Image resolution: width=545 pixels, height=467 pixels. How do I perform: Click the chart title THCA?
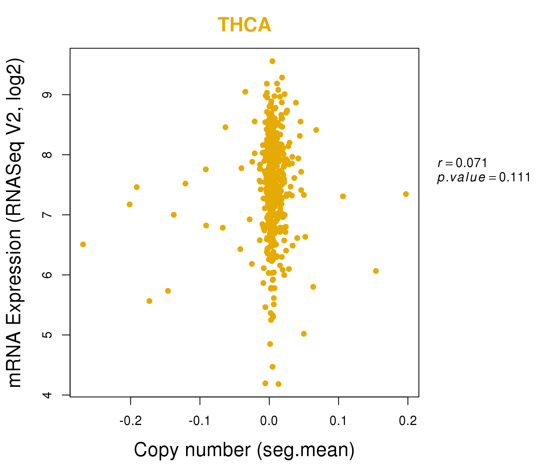coord(244,25)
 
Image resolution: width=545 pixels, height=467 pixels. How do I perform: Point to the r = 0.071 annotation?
coord(462,163)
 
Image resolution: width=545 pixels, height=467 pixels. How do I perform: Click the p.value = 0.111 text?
coord(483,177)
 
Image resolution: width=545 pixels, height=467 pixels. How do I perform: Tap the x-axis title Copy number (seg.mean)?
coord(244,450)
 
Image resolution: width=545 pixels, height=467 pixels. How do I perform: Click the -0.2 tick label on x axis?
coord(131,421)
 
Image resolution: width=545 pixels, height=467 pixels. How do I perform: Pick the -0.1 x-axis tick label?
coord(200,421)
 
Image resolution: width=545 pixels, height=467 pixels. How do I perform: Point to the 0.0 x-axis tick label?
coord(269,421)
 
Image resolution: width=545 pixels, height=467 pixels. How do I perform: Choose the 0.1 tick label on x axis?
coord(338,421)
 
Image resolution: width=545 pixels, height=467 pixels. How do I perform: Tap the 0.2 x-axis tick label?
coord(408,421)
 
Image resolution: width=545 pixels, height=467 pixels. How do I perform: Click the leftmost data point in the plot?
coord(83,245)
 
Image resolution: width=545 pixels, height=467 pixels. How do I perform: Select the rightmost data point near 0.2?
coord(406,194)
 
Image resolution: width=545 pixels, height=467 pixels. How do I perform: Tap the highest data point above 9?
coord(272,61)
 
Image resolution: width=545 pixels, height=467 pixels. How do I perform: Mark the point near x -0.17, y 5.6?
coord(149,301)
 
